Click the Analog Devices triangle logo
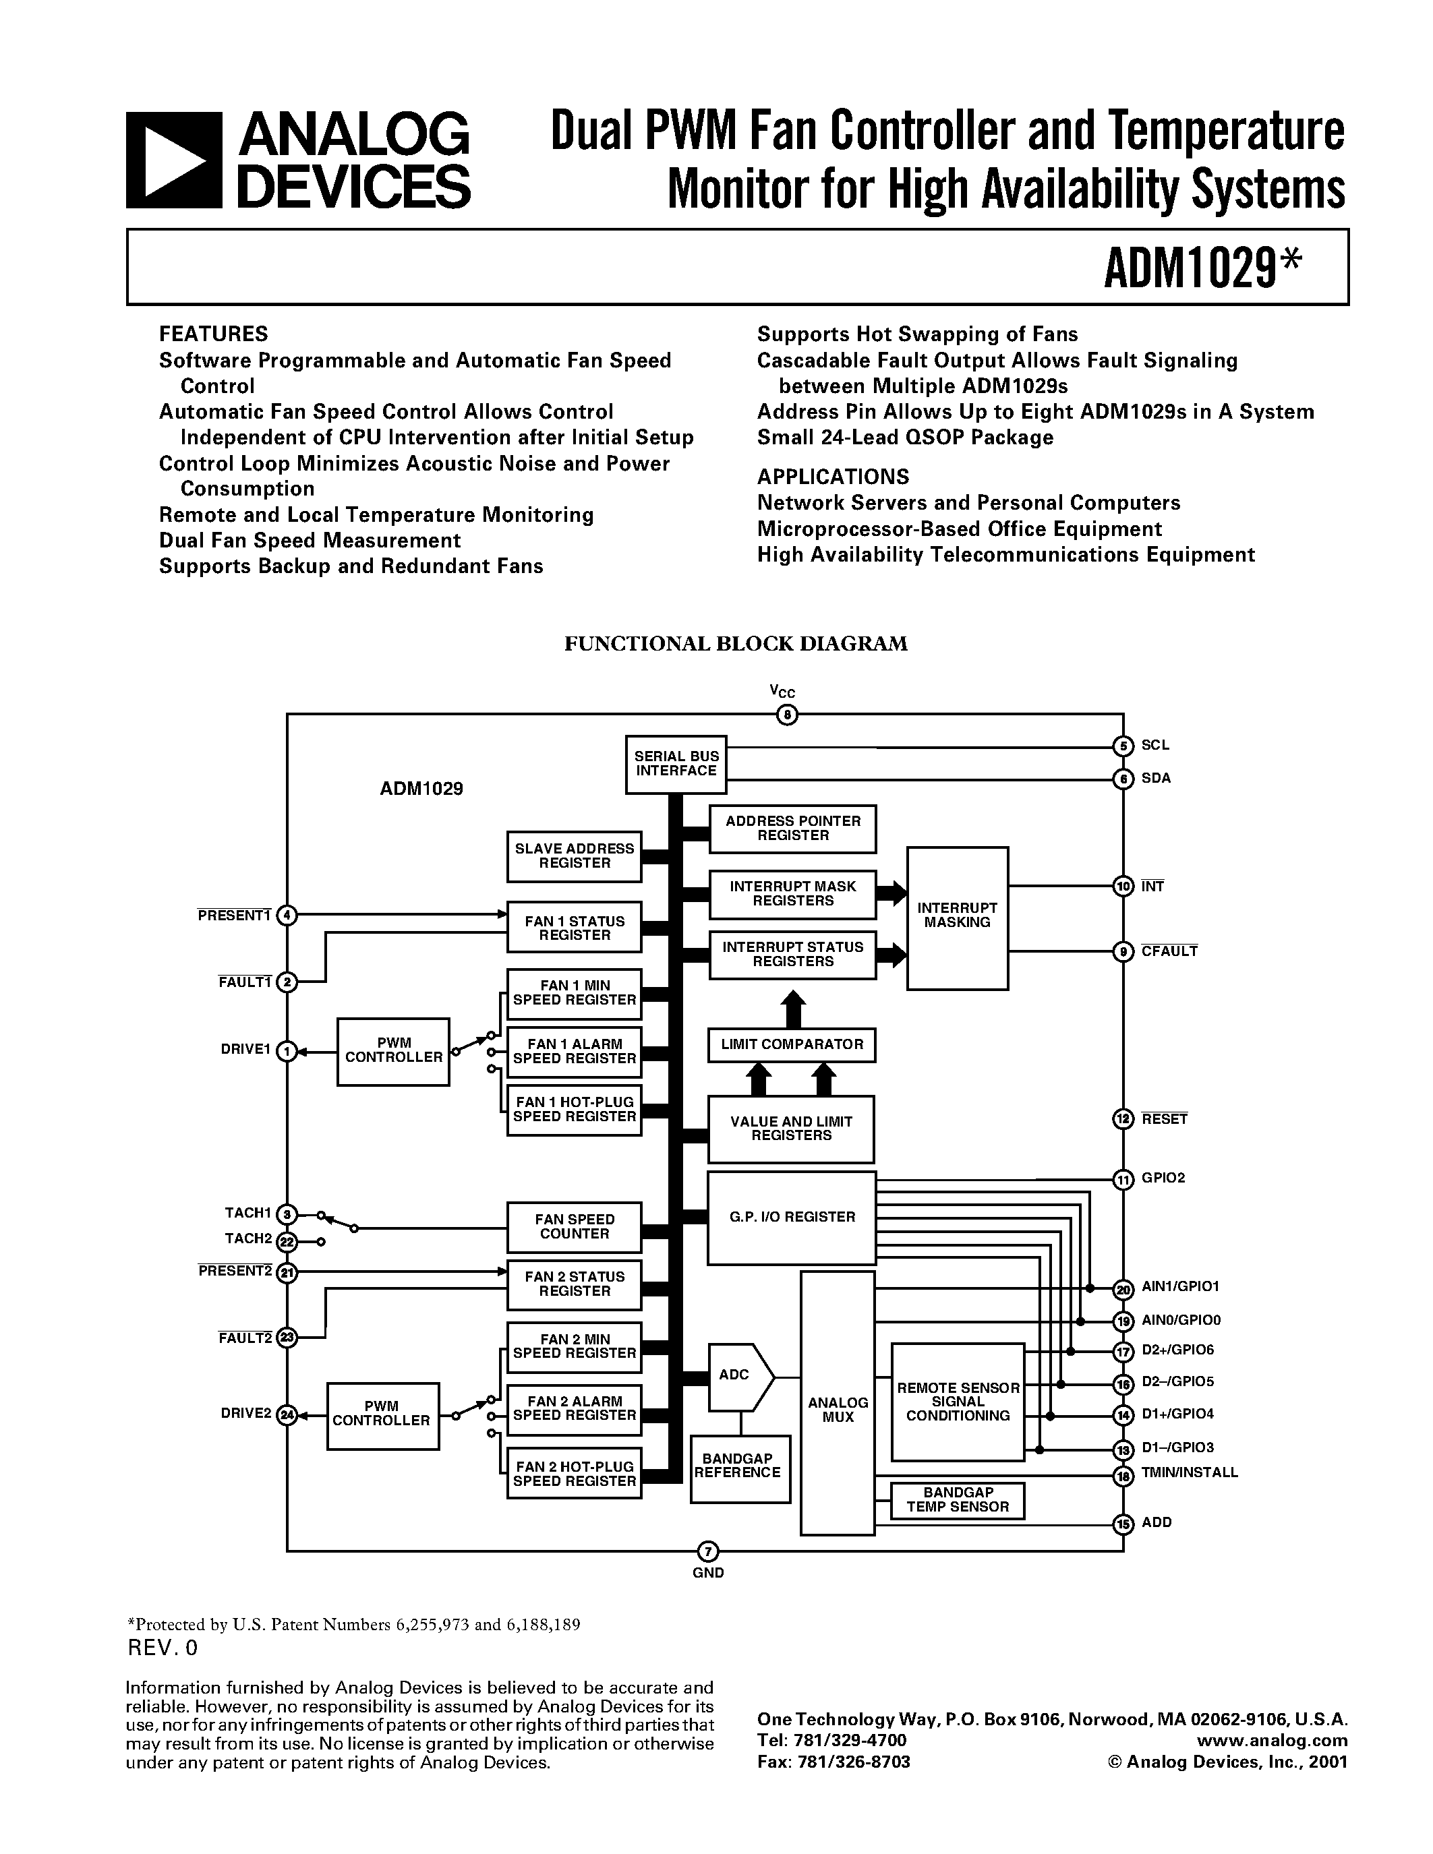point(173,160)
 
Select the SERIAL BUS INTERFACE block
point(676,764)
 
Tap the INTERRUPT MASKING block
point(957,917)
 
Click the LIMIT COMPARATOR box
point(791,1044)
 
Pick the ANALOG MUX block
point(837,1409)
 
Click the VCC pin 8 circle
point(787,715)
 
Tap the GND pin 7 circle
point(707,1552)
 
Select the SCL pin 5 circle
point(1122,746)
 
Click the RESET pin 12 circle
point(1122,1119)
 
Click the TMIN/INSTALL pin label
point(1188,1473)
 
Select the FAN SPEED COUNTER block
point(574,1226)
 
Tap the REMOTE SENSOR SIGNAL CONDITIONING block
point(957,1402)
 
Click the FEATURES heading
point(213,334)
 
